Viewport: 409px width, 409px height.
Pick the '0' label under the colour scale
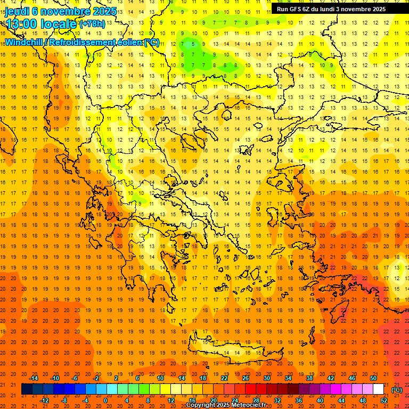click(105, 400)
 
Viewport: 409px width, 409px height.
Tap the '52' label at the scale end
click(383, 400)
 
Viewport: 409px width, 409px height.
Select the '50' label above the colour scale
click(373, 378)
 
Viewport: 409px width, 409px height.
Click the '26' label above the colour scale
click(245, 378)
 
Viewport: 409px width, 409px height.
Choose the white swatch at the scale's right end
click(378, 389)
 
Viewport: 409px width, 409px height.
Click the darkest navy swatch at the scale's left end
click(27, 389)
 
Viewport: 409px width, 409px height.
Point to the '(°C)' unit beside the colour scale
click(396, 390)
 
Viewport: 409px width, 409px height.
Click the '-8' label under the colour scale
click(64, 400)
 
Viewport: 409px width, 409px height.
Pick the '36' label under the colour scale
click(298, 400)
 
